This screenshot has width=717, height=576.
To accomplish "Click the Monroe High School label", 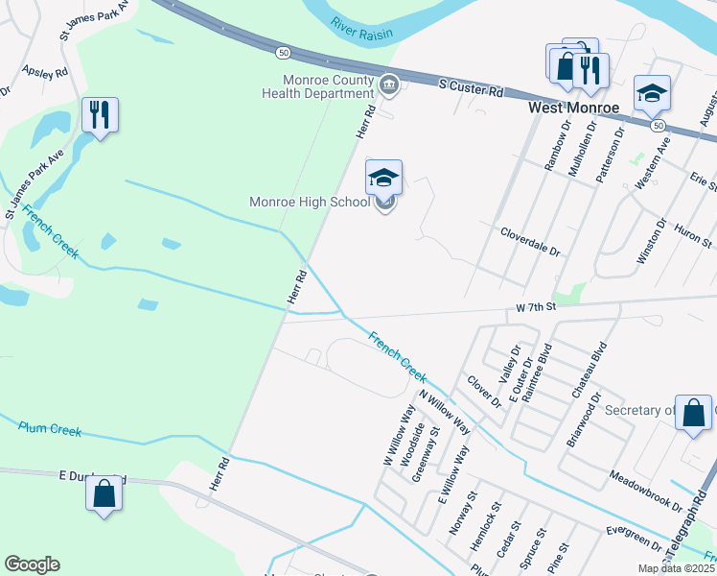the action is pyautogui.click(x=309, y=203).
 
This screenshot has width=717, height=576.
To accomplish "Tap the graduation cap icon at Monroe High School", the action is pyautogui.click(x=383, y=178).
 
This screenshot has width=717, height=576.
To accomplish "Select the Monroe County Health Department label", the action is pyautogui.click(x=325, y=86).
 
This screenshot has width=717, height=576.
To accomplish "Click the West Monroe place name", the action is pyautogui.click(x=574, y=108).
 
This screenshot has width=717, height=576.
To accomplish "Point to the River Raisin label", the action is pyautogui.click(x=358, y=26).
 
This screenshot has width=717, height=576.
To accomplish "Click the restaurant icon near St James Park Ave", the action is pyautogui.click(x=100, y=115).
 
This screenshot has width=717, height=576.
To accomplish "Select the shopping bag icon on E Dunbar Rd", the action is pyautogui.click(x=104, y=494).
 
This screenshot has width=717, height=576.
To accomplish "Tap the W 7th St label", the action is pyautogui.click(x=535, y=308).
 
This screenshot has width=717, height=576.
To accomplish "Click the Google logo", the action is pyautogui.click(x=32, y=564).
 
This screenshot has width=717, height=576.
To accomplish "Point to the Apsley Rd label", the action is pyautogui.click(x=45, y=72).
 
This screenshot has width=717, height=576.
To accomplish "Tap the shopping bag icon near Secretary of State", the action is pyautogui.click(x=693, y=414).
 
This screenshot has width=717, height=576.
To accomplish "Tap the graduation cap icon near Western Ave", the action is pyautogui.click(x=652, y=93).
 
